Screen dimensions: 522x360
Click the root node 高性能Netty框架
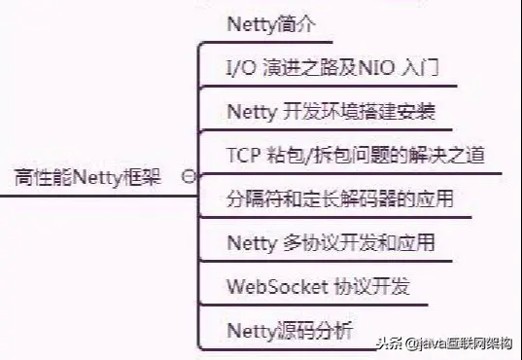tap(88, 177)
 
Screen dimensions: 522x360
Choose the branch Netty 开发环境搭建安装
tap(331, 111)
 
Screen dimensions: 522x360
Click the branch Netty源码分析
tap(289, 330)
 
